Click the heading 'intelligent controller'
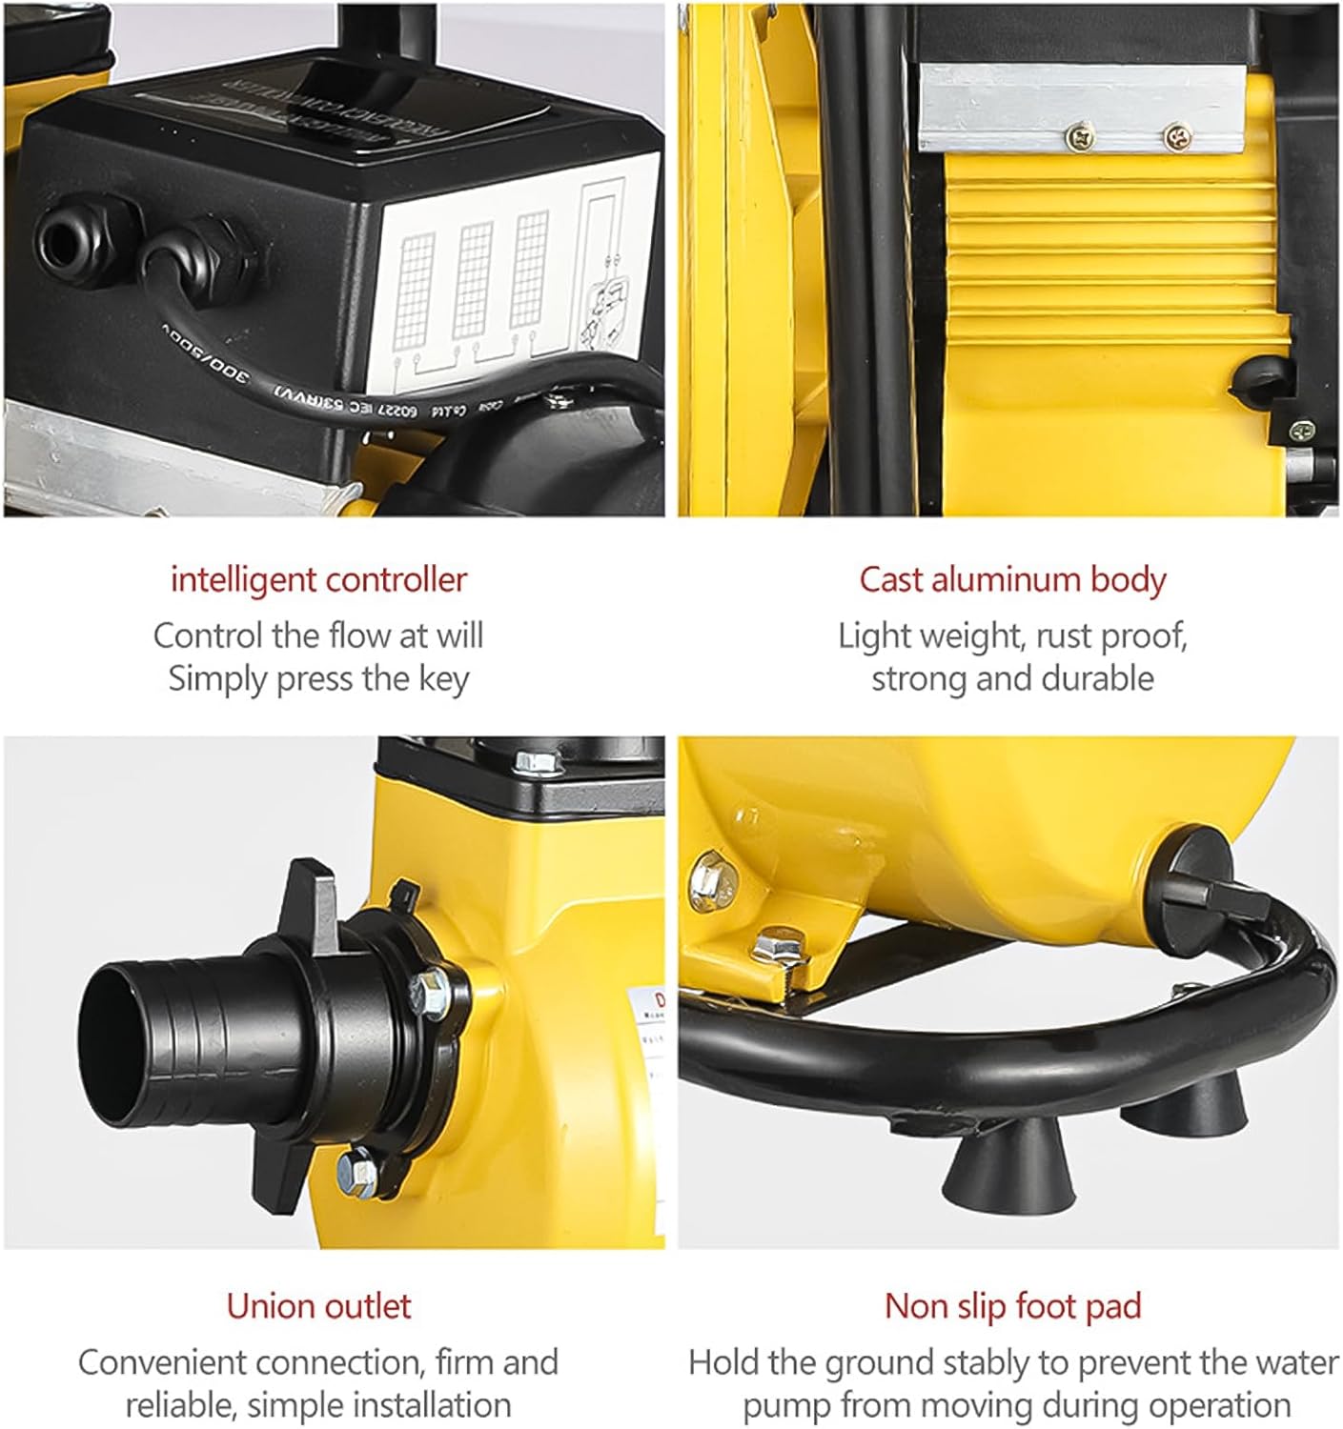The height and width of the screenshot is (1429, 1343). point(318,579)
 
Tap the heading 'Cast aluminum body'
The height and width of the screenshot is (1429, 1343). point(1012,579)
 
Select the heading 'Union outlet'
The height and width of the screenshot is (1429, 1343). point(318,1305)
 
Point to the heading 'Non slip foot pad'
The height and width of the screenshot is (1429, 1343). point(1012,1305)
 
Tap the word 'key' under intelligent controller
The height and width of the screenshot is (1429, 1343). point(444,680)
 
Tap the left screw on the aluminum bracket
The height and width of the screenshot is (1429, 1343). point(1079,138)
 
